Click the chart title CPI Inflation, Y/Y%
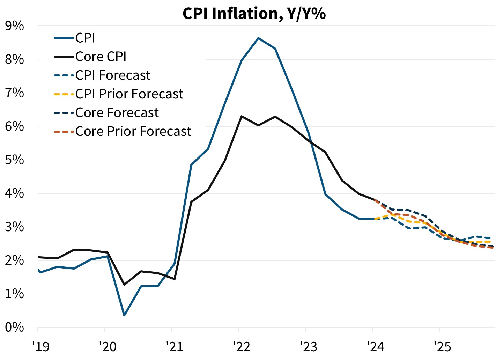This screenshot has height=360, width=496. click(254, 14)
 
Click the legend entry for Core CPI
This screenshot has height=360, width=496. click(101, 57)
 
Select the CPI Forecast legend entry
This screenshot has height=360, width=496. click(113, 75)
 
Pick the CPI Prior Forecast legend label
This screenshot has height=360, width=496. click(129, 94)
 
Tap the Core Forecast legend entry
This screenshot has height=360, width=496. click(117, 113)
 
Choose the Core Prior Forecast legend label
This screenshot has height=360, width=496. click(133, 131)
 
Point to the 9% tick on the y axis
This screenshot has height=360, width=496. click(15, 26)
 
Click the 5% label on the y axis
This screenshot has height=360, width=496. click(15, 160)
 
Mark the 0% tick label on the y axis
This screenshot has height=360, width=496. click(15, 327)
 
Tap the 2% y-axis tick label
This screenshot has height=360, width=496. click(15, 260)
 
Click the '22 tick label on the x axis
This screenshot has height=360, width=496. click(242, 346)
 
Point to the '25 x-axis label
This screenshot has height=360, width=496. click(442, 346)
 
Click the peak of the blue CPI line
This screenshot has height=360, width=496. click(258, 38)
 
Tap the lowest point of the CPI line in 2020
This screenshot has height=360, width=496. click(124, 315)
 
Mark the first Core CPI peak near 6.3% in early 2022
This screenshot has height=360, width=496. click(242, 116)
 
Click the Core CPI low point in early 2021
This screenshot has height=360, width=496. click(175, 279)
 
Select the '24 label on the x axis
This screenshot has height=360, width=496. click(375, 346)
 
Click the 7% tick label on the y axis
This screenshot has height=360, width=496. click(15, 93)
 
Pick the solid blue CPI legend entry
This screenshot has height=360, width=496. click(85, 38)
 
